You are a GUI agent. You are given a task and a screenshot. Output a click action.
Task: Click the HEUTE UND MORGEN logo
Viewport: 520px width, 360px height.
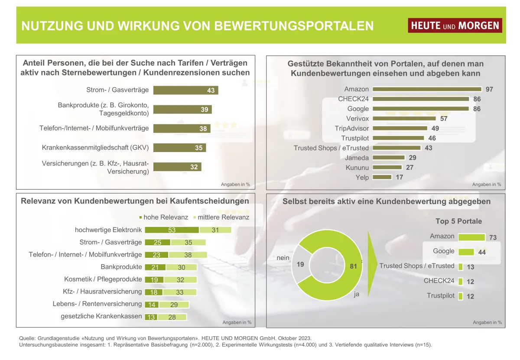(455, 26)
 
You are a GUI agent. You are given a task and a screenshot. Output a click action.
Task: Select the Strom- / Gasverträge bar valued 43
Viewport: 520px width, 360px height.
(185, 91)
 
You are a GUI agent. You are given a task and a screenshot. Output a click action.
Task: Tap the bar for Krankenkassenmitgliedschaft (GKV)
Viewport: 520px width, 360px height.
(179, 148)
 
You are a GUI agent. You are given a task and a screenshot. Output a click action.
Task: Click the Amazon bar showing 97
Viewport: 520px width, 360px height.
(427, 89)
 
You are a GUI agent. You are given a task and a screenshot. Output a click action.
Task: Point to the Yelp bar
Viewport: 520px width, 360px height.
(382, 177)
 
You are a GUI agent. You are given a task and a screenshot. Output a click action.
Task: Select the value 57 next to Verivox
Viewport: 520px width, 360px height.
(443, 118)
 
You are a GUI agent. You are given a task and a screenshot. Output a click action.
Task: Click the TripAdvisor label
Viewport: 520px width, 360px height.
(351, 128)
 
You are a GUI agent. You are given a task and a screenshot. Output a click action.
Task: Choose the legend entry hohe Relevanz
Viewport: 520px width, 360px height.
(163, 217)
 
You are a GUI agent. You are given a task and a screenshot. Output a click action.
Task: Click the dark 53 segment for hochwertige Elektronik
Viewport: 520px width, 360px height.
(172, 230)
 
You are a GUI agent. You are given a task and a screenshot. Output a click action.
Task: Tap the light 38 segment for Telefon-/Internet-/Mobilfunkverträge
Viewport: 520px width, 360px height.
(188, 255)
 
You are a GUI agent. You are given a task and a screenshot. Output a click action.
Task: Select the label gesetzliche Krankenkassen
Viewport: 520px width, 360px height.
(101, 316)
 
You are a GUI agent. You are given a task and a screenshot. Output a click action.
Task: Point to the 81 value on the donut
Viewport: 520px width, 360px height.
(354, 266)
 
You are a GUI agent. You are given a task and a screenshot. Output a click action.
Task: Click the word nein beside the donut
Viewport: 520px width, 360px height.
(283, 258)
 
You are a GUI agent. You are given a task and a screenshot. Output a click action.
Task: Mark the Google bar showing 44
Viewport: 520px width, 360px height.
(466, 252)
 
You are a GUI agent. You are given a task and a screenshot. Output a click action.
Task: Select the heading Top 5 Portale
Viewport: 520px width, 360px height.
(458, 221)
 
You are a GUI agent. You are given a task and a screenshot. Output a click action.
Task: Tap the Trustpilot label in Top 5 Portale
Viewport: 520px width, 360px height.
(440, 295)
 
